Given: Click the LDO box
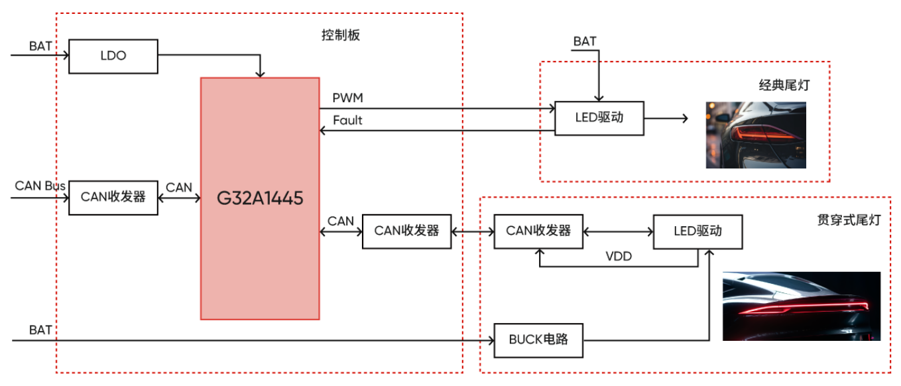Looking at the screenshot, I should coord(113,56).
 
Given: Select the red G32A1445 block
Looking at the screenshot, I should coord(260,198).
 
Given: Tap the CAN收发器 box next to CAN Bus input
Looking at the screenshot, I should coord(113,197).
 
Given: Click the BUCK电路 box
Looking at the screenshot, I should coord(538,340).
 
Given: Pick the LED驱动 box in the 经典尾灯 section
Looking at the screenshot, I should coord(599,118).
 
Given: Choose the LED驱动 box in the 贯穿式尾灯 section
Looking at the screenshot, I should coord(697,231).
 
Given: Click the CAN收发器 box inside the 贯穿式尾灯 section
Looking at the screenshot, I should coord(538,231).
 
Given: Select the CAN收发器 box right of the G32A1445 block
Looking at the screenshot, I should coord(406,231).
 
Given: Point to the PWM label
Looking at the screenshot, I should coord(348,98).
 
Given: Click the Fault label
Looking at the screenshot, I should coord(348,121).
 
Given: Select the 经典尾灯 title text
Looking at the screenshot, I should coord(784,86).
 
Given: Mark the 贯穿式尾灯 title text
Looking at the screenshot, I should coord(849,220).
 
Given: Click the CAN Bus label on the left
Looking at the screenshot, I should coord(40,186).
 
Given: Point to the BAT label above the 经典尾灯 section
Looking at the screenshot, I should coord(585,42).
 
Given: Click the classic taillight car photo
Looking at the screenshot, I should coord(755,135).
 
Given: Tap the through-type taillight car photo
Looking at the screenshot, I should coord(801,306).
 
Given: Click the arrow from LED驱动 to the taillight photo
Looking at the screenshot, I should coord(666,119).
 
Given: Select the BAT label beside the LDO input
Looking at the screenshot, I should coord(40,46).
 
